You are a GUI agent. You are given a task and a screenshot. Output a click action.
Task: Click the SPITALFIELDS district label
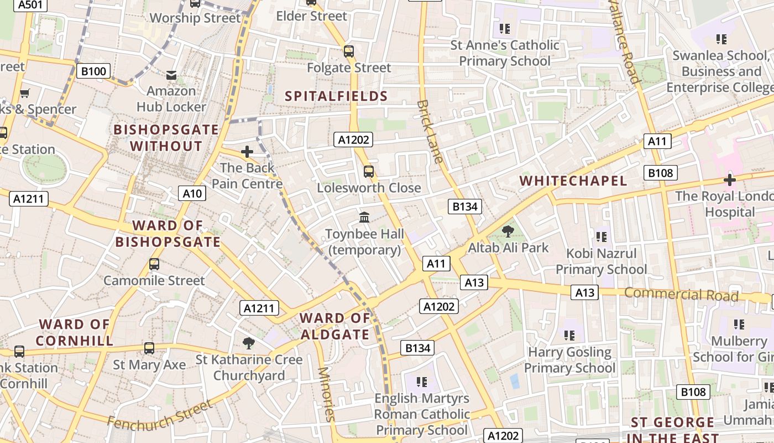[x=336, y=96]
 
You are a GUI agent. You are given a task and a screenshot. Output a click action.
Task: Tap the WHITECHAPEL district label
[x=573, y=181]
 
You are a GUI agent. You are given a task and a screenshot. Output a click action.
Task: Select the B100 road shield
[x=93, y=71]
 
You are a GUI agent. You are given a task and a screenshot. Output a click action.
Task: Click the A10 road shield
[x=192, y=193]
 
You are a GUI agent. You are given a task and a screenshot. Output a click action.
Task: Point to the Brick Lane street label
[x=430, y=132]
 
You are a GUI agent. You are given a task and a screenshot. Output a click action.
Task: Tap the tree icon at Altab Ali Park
[x=508, y=231]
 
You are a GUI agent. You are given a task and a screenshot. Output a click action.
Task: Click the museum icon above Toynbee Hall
[x=364, y=217]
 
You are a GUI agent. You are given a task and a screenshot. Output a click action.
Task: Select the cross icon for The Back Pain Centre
[x=247, y=151]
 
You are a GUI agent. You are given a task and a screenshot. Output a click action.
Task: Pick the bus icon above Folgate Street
[x=349, y=51]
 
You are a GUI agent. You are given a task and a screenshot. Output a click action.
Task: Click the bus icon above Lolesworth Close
[x=369, y=172]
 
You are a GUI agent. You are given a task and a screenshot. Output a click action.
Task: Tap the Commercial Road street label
[x=681, y=294]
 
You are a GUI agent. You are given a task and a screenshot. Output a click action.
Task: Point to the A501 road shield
[x=29, y=5]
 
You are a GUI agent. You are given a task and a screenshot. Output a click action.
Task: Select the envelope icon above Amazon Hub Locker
[x=172, y=75]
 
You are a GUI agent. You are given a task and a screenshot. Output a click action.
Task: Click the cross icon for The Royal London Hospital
[x=730, y=180]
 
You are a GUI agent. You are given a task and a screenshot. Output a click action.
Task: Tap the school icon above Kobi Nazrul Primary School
[x=602, y=237]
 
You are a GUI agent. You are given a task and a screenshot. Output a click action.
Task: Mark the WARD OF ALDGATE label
[x=335, y=326]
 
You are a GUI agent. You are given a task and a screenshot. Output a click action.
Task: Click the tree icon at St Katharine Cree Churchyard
[x=249, y=343]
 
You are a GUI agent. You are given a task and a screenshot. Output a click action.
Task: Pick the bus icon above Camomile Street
[x=154, y=264]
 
